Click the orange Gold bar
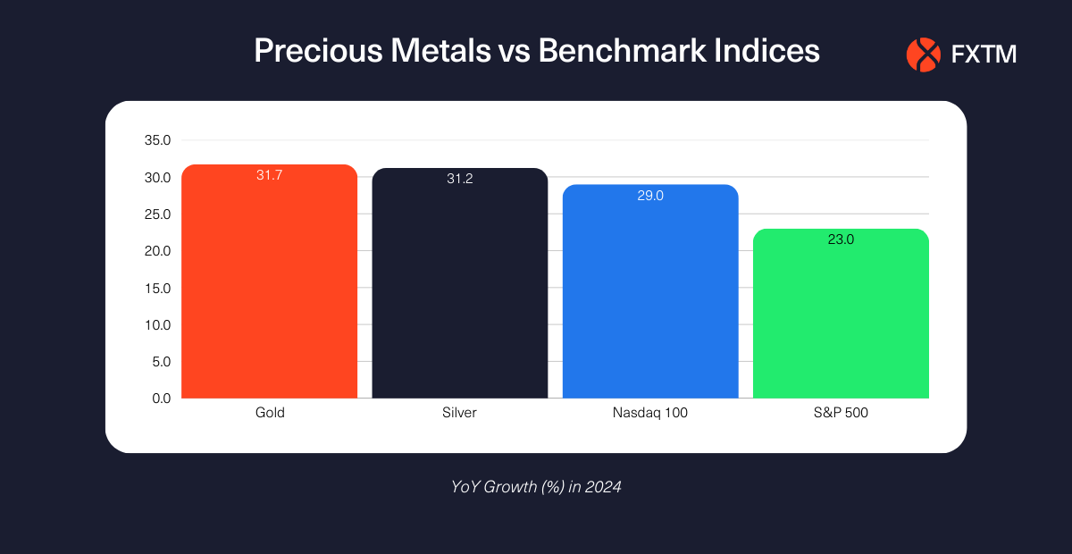pos(269,286)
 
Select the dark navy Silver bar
pos(460,286)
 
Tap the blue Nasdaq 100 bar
pos(650,295)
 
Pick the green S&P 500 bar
pos(841,317)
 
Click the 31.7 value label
pos(269,175)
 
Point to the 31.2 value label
pos(460,179)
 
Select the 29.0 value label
pos(650,196)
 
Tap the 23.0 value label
pos(841,239)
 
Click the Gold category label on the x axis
pos(269,413)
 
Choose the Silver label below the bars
pos(460,413)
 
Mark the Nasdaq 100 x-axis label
pos(650,413)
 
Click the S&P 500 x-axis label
pos(841,413)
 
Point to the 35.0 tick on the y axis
pos(157,140)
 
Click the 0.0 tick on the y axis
pos(161,399)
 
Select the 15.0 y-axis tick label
pos(157,288)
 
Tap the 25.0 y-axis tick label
pos(157,214)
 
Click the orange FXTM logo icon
pos(924,55)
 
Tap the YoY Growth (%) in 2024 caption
pos(536,488)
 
